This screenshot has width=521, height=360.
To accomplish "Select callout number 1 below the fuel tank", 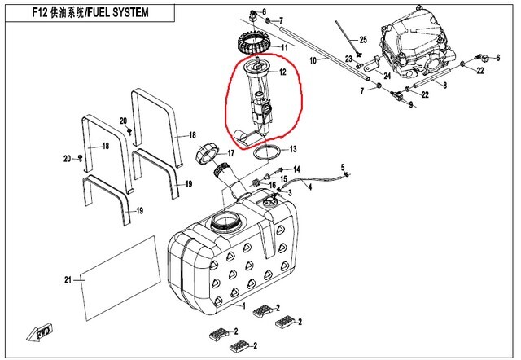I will pyautogui.click(x=242, y=305).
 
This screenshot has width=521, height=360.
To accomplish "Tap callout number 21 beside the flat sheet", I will pyautogui.click(x=68, y=280).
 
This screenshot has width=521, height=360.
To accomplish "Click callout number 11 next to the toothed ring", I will pyautogui.click(x=284, y=48).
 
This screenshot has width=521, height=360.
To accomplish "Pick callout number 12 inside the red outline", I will pyautogui.click(x=282, y=72).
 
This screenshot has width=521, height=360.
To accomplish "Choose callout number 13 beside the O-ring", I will pyautogui.click(x=293, y=149).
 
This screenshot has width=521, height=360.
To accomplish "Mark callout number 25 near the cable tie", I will pyautogui.click(x=363, y=39).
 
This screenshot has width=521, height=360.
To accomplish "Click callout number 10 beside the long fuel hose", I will pyautogui.click(x=313, y=61).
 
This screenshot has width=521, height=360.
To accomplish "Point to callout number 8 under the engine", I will pyautogui.click(x=445, y=85).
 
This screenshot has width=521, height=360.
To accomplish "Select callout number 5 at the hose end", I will pyautogui.click(x=343, y=166).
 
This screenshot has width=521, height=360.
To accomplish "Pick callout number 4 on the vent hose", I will pyautogui.click(x=309, y=187).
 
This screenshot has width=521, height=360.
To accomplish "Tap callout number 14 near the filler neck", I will pyautogui.click(x=297, y=169).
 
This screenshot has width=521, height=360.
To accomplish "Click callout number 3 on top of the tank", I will pyautogui.click(x=287, y=191).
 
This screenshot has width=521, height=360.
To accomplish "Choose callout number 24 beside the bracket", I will pyautogui.click(x=387, y=76).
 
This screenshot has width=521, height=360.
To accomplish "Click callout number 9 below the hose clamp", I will pyautogui.click(x=410, y=105).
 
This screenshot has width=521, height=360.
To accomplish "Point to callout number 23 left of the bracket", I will pyautogui.click(x=348, y=59).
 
